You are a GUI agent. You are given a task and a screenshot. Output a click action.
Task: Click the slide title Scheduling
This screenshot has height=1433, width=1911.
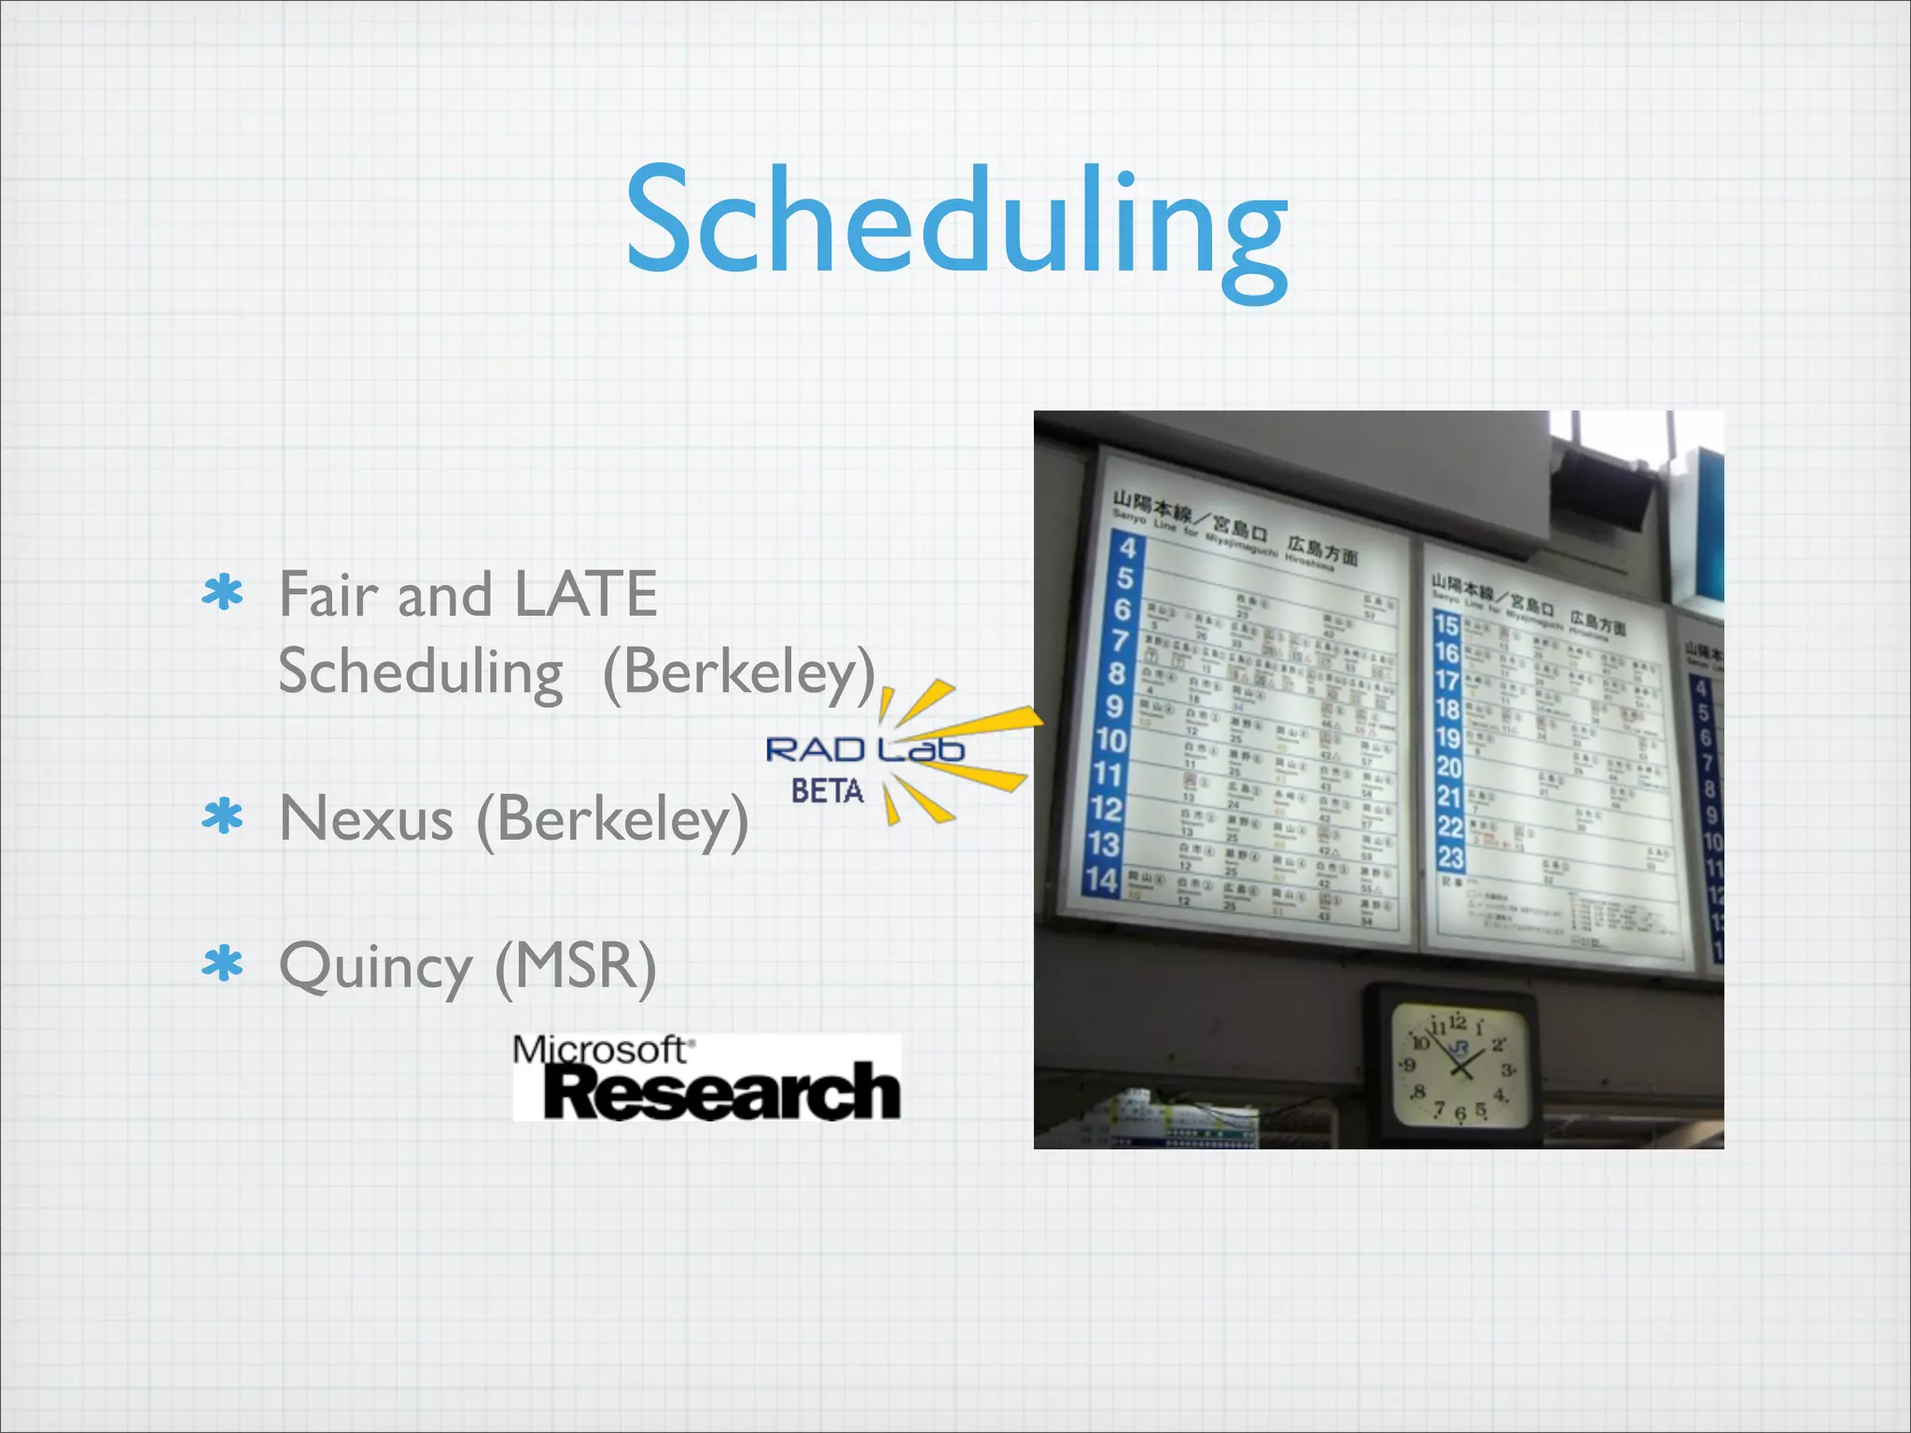[x=955, y=224]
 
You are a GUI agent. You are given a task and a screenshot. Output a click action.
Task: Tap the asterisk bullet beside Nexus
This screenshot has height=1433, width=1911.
[x=222, y=816]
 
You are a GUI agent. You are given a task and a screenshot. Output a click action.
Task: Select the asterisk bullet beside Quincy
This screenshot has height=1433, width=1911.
[x=222, y=965]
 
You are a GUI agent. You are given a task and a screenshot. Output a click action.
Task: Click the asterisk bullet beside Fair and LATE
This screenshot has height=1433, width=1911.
[x=222, y=592]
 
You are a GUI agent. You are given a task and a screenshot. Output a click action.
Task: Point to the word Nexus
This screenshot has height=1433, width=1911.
[x=366, y=819]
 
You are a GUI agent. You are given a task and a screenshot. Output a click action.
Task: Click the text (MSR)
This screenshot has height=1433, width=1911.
[x=576, y=967]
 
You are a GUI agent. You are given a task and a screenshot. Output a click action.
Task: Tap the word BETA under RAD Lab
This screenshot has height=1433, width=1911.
[x=827, y=791]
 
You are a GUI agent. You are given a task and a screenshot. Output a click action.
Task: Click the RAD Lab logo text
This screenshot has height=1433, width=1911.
[x=864, y=749]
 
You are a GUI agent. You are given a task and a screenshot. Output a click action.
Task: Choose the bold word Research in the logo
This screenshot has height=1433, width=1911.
[x=720, y=1092]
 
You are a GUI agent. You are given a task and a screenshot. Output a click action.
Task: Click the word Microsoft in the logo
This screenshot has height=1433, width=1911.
[x=599, y=1050]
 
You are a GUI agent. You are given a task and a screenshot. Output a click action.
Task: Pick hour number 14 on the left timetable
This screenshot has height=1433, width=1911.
[x=1101, y=880]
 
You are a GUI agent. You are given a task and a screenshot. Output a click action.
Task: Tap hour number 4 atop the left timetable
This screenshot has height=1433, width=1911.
[x=1128, y=548]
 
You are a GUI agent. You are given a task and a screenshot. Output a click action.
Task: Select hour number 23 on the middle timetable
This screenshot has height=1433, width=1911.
[x=1450, y=856]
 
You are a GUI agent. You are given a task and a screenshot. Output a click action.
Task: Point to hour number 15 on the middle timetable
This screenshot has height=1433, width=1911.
[x=1446, y=624]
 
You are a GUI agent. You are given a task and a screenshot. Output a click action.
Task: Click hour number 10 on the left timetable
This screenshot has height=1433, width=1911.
[x=1111, y=741]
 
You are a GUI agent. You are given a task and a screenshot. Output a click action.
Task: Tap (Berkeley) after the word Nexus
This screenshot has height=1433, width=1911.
[x=612, y=819]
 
